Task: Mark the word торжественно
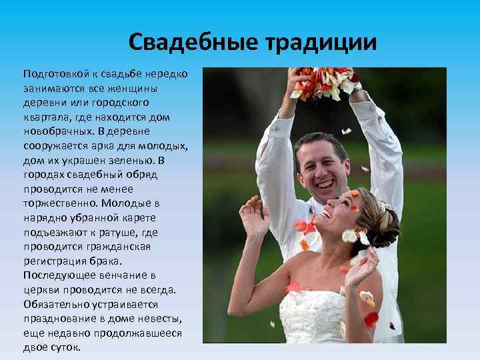pos(58,203)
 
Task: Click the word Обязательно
pos(57,304)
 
